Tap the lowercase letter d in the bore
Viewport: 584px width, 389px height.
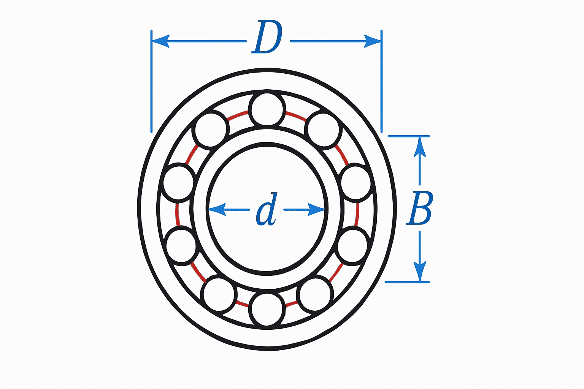pos(267,210)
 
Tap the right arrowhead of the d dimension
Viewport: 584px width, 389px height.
pos(316,209)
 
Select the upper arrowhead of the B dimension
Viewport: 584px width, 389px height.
pos(420,147)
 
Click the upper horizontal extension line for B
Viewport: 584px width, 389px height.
pos(409,136)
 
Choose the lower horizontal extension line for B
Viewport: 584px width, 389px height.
pos(407,282)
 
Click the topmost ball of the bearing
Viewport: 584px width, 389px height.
pos(267,109)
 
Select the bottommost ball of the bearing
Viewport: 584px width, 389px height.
pos(267,309)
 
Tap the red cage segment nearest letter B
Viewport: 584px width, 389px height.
pos(357,215)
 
